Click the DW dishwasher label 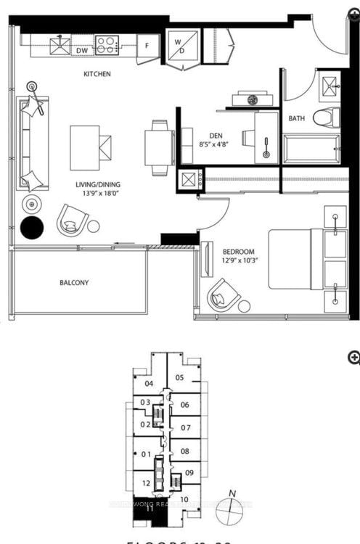point(82,50)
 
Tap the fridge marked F point(148,45)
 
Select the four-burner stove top point(107,46)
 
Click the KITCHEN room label point(97,73)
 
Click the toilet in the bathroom point(327,117)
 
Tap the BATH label point(297,118)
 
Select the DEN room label point(216,135)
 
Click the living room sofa point(33,142)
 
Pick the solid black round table point(32,228)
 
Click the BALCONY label point(75,282)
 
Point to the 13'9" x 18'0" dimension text point(97,194)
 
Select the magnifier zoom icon point(353,356)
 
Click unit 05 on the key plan point(180,377)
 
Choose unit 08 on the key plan point(185,451)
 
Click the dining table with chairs point(160,148)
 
